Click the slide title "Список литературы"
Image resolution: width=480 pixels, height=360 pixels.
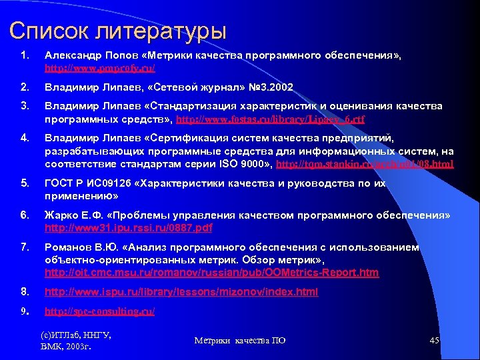point(118,31)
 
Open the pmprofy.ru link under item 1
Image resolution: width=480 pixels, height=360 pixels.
point(100,68)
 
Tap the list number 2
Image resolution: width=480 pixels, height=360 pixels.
point(24,87)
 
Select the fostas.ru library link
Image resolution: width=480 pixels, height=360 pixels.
point(269,119)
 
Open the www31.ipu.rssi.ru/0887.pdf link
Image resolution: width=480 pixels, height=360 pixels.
point(128,227)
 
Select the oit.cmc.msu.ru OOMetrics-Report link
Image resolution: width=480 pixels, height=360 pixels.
point(211,272)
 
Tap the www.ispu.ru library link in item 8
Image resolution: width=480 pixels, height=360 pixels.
point(181,292)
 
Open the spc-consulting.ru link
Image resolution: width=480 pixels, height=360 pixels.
point(99,311)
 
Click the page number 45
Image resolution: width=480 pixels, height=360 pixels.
point(434,341)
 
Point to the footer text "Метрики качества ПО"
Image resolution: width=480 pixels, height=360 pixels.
point(240,341)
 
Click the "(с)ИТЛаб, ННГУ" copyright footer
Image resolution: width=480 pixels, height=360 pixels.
point(76,335)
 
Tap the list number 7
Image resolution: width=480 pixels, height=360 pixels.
point(24,247)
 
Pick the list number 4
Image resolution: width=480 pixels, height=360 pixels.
point(24,138)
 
